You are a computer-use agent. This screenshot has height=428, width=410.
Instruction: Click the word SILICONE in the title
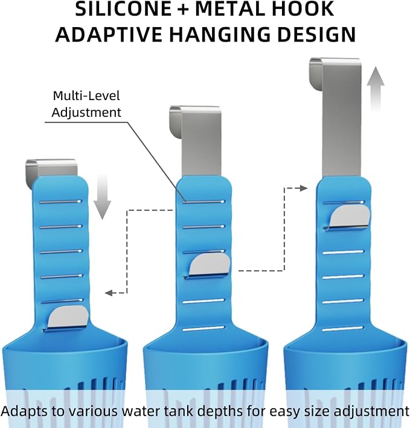click(x=123, y=8)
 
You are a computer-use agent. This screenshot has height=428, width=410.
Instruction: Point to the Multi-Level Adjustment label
click(x=86, y=104)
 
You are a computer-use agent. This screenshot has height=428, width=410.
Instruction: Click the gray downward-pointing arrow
click(x=102, y=197)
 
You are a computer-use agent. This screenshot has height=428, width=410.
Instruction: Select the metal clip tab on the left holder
click(x=68, y=318)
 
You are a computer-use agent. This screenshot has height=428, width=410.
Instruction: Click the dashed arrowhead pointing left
click(x=109, y=293)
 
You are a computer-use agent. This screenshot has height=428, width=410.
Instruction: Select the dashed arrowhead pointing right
click(x=304, y=188)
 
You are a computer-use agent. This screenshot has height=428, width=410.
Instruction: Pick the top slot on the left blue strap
click(x=60, y=202)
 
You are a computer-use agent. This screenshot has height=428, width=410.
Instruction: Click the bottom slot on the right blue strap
click(x=343, y=329)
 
